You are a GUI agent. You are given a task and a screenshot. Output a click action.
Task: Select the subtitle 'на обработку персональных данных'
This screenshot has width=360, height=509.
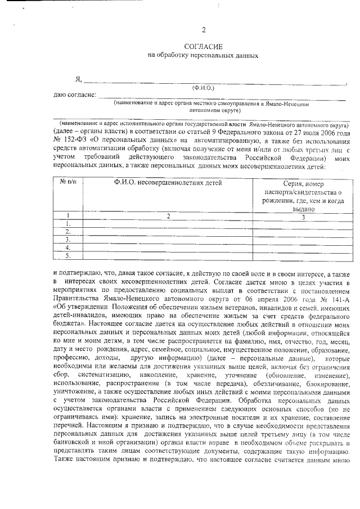pyautogui.click(x=203, y=55)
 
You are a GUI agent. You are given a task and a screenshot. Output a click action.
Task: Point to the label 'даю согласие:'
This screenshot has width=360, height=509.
pyautogui.click(x=74, y=95)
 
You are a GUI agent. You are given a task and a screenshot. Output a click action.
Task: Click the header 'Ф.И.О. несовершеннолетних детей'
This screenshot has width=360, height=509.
pyautogui.click(x=168, y=183)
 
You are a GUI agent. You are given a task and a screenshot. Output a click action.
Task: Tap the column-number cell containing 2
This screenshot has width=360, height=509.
pyautogui.click(x=168, y=215)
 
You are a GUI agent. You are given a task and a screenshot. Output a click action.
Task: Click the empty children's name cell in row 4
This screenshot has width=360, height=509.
pyautogui.click(x=168, y=247)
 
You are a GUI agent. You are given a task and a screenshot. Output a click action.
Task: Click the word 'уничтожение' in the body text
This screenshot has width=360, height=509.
pyautogui.click(x=75, y=376)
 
